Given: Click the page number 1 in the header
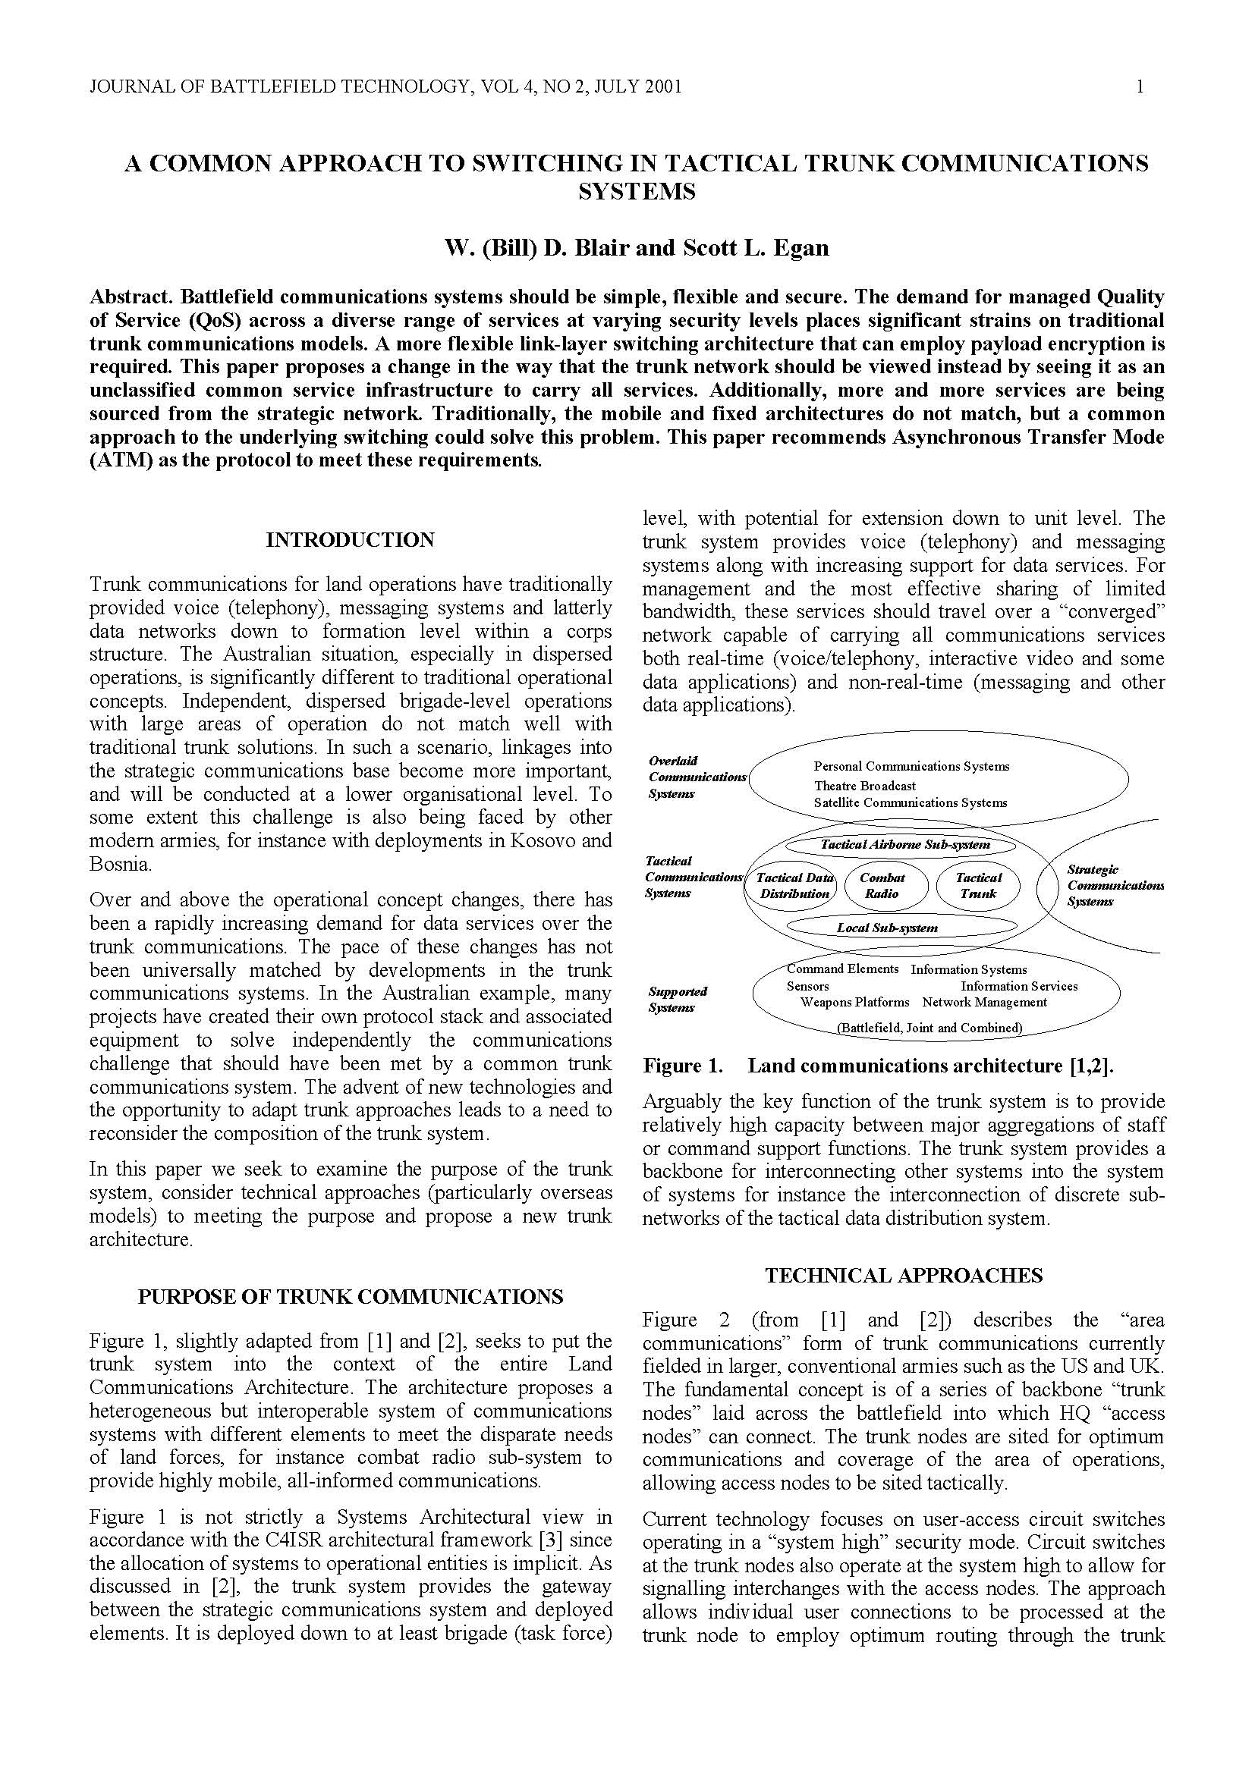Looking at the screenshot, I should tap(1140, 86).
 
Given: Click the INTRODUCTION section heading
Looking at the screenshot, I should tap(350, 540).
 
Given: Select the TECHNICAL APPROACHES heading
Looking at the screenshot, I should tap(904, 1276).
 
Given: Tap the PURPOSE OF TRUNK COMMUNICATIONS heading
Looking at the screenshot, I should tap(350, 1297).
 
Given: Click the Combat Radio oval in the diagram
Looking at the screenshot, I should tap(882, 885).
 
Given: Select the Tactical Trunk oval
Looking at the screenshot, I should tap(977, 885).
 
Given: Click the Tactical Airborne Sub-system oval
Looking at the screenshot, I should tap(904, 844).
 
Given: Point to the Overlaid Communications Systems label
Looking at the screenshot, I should tap(697, 777).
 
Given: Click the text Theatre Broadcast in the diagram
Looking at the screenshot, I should tap(864, 786).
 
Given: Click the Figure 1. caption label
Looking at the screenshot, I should tap(682, 1066).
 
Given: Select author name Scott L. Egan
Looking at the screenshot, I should tap(755, 248).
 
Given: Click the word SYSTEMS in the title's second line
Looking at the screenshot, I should tap(636, 191).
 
